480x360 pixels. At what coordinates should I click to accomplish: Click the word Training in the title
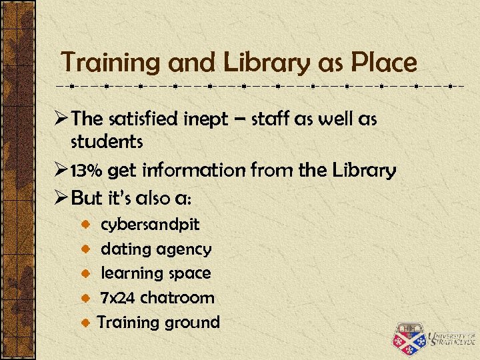point(111,63)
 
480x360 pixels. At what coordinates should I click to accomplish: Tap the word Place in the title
point(385,63)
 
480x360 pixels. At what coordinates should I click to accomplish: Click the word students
point(107,141)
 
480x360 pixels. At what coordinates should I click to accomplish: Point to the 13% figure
point(87,171)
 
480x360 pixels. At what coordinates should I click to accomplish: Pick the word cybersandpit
point(150,225)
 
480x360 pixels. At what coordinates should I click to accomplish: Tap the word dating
point(126,249)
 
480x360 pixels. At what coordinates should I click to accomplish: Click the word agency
point(184,249)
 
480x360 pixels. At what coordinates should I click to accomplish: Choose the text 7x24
point(118,297)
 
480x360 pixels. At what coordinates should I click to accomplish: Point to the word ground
point(189,323)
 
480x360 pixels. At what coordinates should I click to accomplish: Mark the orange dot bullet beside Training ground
point(86,323)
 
